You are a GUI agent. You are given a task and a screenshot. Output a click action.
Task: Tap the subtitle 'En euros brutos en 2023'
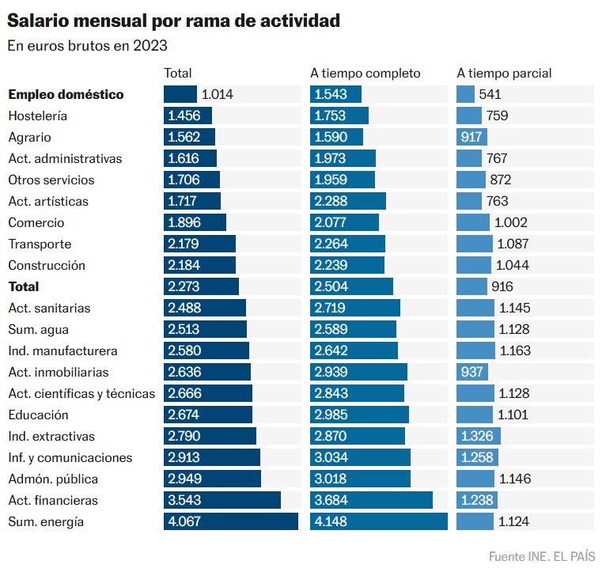[87, 46]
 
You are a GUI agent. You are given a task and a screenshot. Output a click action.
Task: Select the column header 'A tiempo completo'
[365, 74]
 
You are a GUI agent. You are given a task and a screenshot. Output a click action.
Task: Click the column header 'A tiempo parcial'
[504, 74]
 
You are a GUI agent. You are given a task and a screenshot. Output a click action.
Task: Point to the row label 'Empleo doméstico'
[66, 94]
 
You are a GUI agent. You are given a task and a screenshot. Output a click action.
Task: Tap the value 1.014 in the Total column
[218, 94]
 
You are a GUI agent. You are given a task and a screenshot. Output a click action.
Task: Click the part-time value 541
[490, 94]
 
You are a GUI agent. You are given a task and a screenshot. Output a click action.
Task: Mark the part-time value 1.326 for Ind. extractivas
[477, 436]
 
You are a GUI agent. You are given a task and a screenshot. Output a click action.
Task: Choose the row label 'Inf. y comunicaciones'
[70, 457]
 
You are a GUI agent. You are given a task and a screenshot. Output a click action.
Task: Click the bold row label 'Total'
[24, 286]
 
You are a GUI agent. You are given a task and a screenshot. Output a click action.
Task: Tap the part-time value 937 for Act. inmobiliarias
[472, 372]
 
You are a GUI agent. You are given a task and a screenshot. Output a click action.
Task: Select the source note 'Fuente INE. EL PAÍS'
[542, 555]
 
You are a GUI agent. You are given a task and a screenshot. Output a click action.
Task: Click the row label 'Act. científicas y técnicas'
[81, 393]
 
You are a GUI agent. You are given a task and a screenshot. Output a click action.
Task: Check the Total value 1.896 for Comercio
[184, 222]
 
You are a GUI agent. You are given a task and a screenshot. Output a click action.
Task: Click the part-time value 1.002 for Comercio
[511, 222]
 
